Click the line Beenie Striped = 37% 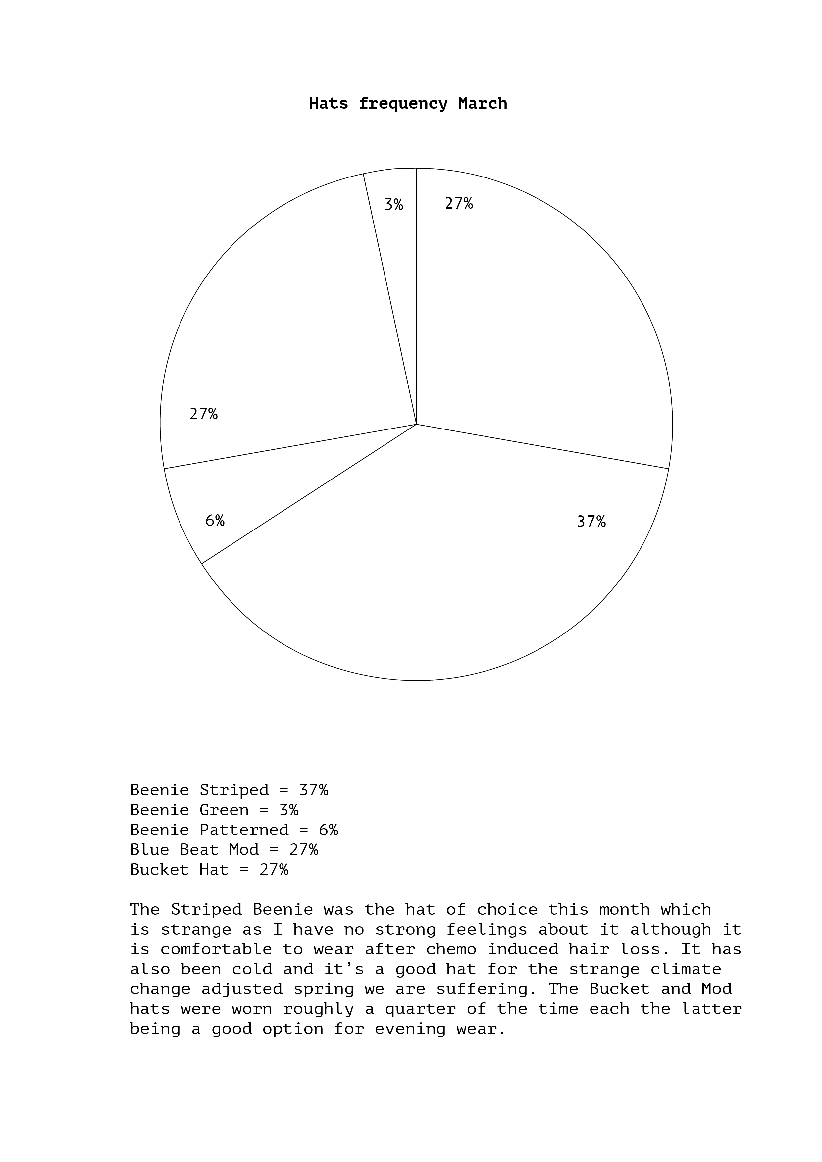point(229,790)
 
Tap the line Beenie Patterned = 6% point(234,830)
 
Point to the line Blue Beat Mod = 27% point(224,849)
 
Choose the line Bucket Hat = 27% point(209,870)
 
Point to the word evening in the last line point(410,1029)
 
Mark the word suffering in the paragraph point(486,989)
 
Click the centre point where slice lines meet point(416,424)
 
